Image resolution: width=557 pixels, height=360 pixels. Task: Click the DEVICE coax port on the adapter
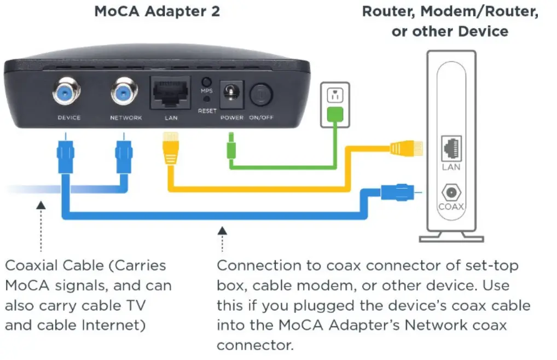click(x=68, y=94)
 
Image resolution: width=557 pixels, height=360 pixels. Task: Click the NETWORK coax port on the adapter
click(x=126, y=94)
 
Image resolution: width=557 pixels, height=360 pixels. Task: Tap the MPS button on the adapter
click(x=206, y=80)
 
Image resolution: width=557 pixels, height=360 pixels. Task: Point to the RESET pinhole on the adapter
click(x=206, y=100)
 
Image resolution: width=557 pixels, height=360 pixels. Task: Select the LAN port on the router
click(x=451, y=147)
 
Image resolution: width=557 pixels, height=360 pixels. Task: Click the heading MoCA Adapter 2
click(x=157, y=11)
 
